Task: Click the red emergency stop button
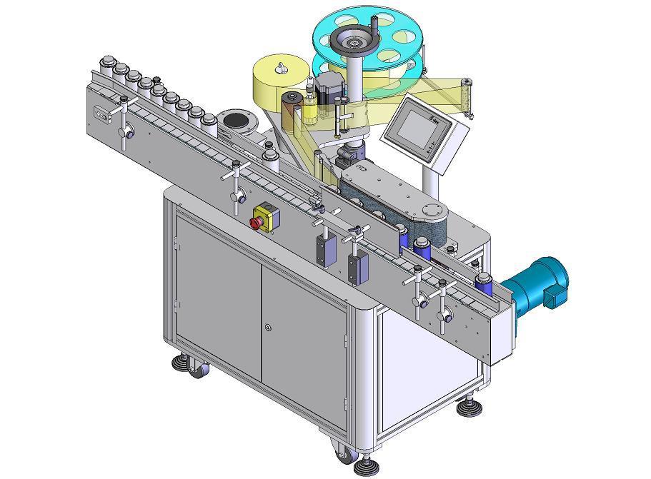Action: (x=256, y=222)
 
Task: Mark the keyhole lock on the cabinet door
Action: (x=267, y=328)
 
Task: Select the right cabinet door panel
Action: (x=303, y=329)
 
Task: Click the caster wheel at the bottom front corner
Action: (x=343, y=453)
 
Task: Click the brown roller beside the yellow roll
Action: (x=290, y=108)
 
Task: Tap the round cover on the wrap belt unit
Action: (x=431, y=210)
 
